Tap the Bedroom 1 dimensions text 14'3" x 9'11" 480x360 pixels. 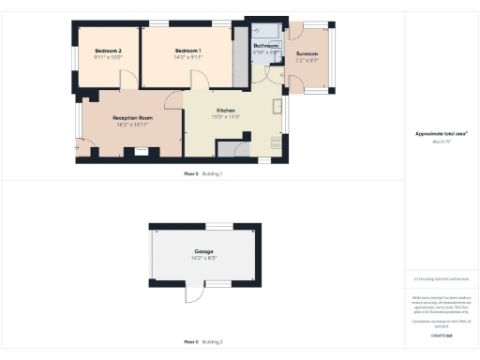187,57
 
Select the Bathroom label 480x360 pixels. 266,45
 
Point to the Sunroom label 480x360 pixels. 307,54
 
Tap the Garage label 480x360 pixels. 203,252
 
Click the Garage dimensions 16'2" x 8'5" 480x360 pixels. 203,260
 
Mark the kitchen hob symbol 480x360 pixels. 276,143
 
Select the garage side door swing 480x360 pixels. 194,293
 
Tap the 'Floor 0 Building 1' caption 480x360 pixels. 202,174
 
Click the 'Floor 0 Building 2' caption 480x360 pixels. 202,342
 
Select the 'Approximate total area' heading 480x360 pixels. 441,134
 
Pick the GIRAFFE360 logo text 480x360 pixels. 441,335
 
